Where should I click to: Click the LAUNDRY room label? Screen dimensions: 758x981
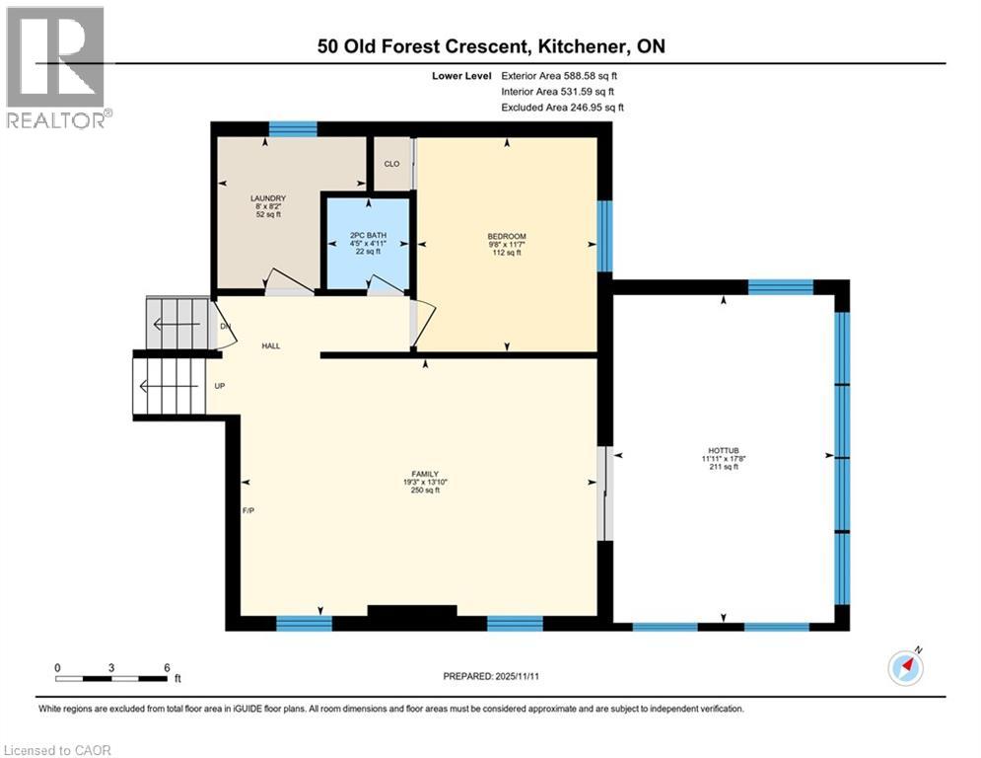[x=267, y=198]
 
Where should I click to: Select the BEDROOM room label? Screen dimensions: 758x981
[x=507, y=236]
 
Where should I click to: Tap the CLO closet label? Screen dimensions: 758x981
[x=391, y=165]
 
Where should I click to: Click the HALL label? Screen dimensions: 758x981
[x=271, y=346]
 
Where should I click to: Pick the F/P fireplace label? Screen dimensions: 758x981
[x=249, y=511]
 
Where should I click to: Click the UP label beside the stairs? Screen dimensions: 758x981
[x=221, y=385]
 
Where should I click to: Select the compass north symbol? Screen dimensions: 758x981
[x=905, y=666]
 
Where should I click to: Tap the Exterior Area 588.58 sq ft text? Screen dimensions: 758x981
[x=562, y=75]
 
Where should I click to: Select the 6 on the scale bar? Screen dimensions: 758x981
[x=168, y=668]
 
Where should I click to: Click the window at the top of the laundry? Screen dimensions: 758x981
[x=293, y=128]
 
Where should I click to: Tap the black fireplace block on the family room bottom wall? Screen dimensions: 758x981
[x=411, y=612]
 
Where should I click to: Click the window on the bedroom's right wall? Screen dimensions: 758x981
[x=604, y=236]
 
